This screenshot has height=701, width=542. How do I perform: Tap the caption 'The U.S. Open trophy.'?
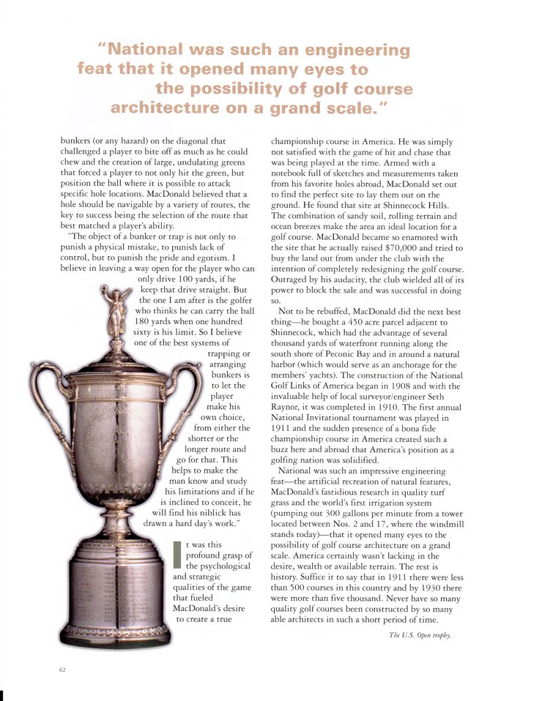[x=420, y=634]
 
